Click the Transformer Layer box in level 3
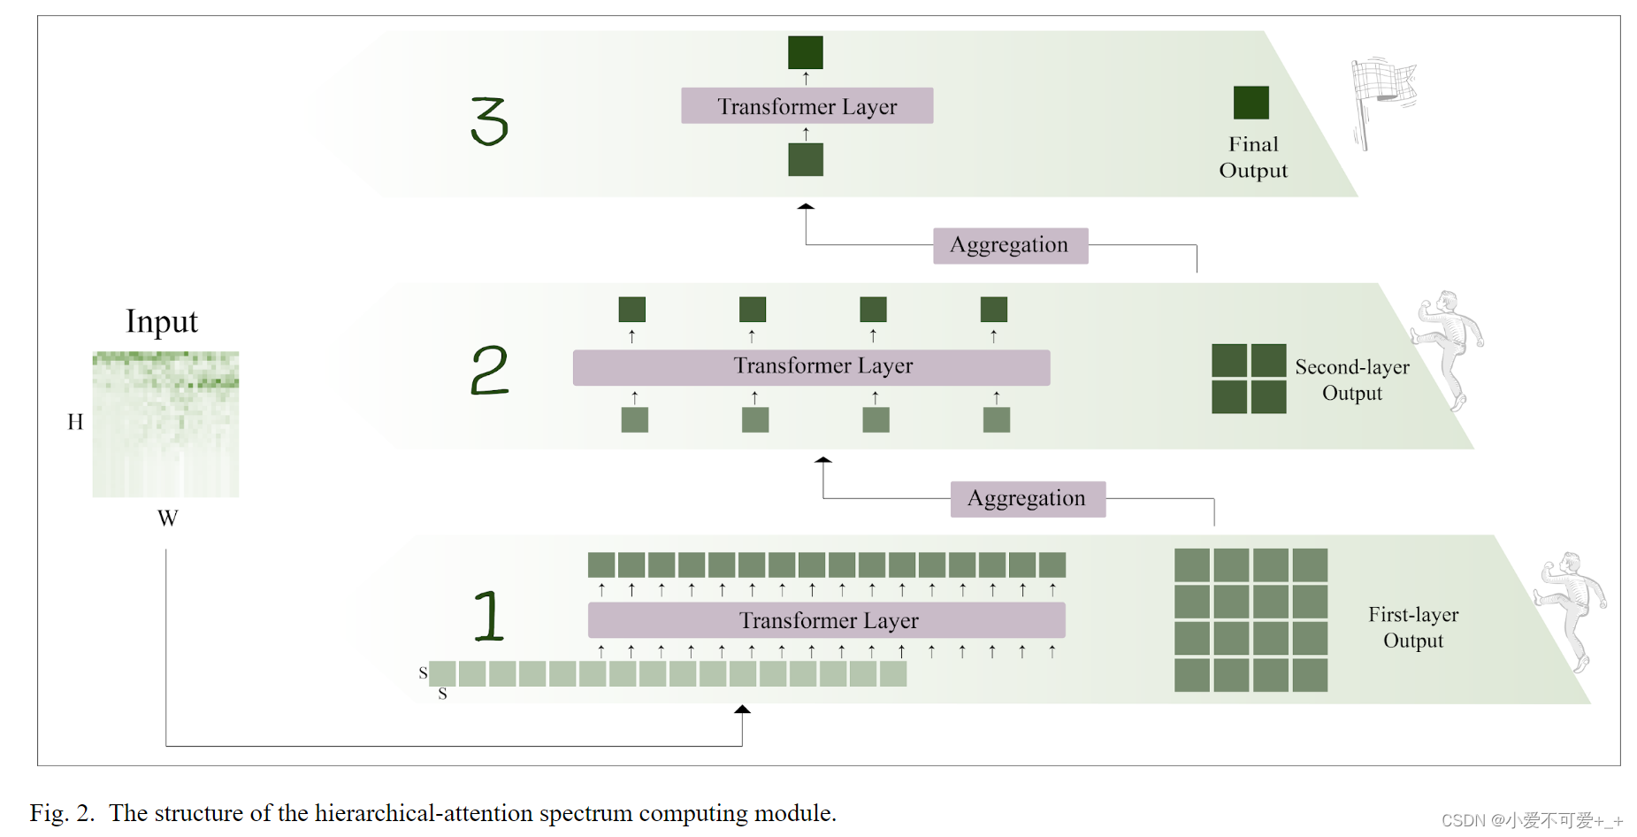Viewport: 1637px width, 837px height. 807,106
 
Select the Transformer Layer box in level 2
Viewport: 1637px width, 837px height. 811,367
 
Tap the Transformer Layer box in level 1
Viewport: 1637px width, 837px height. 826,620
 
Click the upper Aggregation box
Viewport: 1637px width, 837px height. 1010,245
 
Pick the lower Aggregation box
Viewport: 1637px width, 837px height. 1028,499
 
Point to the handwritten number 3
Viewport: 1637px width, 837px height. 489,121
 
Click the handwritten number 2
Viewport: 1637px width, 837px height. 489,370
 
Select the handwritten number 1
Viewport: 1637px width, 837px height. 488,616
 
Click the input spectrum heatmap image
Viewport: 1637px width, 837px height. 165,424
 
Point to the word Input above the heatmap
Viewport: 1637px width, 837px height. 162,321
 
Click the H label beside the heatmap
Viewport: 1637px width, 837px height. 75,422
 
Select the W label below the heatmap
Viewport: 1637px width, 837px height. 168,518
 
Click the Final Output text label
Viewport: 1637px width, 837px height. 1253,157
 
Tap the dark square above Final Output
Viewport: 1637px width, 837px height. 1251,103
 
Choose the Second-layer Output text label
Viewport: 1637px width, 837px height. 1351,380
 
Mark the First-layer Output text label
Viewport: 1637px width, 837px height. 1413,627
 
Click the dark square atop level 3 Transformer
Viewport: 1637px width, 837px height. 806,52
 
